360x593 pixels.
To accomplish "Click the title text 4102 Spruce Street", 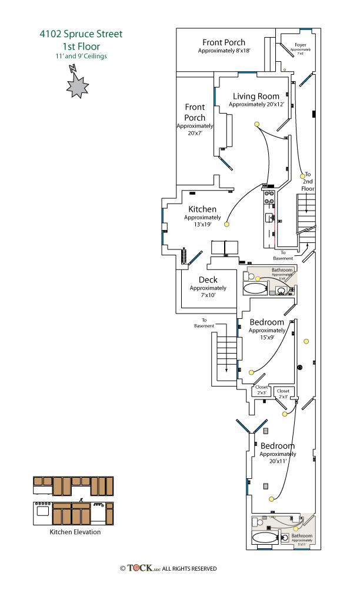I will click(81, 34).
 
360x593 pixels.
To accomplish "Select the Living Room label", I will click(256, 96).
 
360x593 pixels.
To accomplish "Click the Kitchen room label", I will click(202, 209).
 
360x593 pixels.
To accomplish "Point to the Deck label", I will click(208, 280).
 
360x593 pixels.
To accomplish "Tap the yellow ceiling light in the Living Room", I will click(256, 124).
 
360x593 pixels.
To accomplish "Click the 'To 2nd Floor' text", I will click(308, 182).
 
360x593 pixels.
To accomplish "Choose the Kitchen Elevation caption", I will click(75, 532).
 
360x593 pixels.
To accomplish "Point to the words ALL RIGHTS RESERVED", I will click(189, 569).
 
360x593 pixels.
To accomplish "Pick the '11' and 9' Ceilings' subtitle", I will click(81, 56).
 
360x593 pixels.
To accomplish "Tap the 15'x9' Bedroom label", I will click(266, 322).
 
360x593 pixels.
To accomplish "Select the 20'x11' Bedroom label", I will click(278, 446).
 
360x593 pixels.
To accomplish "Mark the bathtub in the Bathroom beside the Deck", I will click(255, 289).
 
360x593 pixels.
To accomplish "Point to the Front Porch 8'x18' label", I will click(224, 42).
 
